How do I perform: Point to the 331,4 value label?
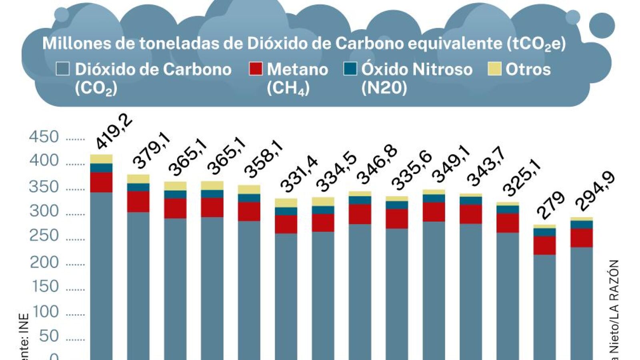[x=299, y=174]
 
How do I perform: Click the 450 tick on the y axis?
[x=44, y=137]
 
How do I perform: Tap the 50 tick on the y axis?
[x=49, y=336]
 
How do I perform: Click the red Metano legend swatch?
[x=256, y=69]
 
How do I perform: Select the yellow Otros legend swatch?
[x=495, y=69]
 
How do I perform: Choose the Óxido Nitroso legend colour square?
[x=350, y=69]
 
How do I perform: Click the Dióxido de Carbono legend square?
[x=63, y=69]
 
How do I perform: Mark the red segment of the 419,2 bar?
[x=101, y=182]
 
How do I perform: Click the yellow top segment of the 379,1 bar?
[x=138, y=179]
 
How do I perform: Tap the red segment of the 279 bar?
[x=544, y=245]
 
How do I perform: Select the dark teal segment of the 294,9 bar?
[x=582, y=224]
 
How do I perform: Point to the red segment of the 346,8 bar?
[x=360, y=214]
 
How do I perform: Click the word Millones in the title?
[x=76, y=43]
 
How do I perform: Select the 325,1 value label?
[x=522, y=178]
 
